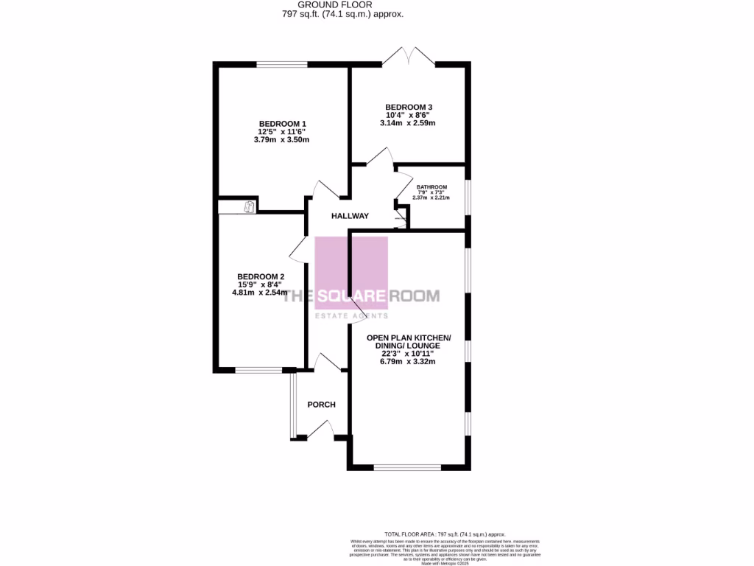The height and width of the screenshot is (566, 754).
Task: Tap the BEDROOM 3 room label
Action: point(408,107)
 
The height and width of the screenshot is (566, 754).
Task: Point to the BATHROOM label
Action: point(431,187)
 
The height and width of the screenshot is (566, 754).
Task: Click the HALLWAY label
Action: point(350,216)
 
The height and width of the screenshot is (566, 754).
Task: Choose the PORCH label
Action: point(321,405)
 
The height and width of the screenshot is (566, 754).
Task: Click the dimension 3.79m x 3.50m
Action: point(281,139)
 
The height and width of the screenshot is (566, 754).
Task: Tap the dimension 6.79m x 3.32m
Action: point(409,362)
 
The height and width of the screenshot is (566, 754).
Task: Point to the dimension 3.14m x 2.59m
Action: point(408,123)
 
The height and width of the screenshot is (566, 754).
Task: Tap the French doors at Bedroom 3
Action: point(408,57)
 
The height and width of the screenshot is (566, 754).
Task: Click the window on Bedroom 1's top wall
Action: point(282,65)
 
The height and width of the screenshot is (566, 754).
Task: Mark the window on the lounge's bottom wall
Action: point(407,467)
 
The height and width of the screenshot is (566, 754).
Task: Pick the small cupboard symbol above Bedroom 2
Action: point(250,207)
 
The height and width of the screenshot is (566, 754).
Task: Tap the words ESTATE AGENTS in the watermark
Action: point(351,316)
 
